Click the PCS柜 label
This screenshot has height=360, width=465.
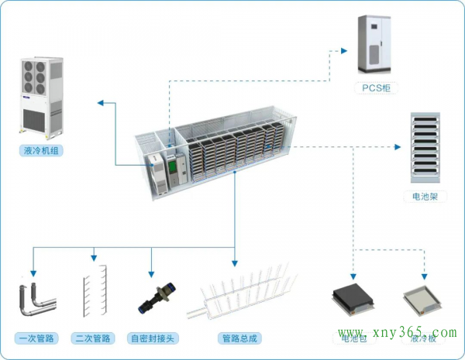pyautogui.click(x=375, y=88)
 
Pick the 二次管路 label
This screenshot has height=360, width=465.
pyautogui.click(x=94, y=338)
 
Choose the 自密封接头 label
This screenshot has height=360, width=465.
pyautogui.click(x=154, y=338)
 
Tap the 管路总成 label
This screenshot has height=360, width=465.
pyautogui.click(x=238, y=338)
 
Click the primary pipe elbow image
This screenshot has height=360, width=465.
pyautogui.click(x=35, y=301)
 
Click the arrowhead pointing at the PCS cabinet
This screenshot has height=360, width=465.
pyautogui.click(x=343, y=51)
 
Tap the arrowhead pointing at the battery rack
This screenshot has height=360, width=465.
pyautogui.click(x=395, y=146)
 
